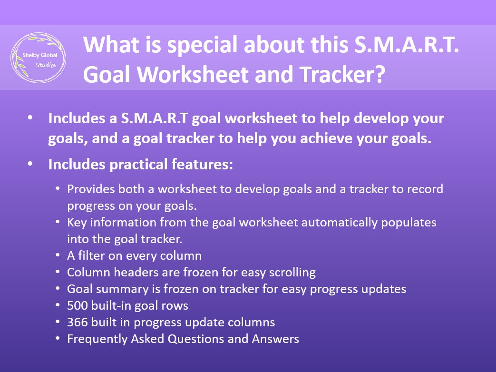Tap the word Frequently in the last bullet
pos(97,339)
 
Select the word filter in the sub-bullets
pos(91,255)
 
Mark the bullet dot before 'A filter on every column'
pos(58,256)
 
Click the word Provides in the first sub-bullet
pos(88,189)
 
